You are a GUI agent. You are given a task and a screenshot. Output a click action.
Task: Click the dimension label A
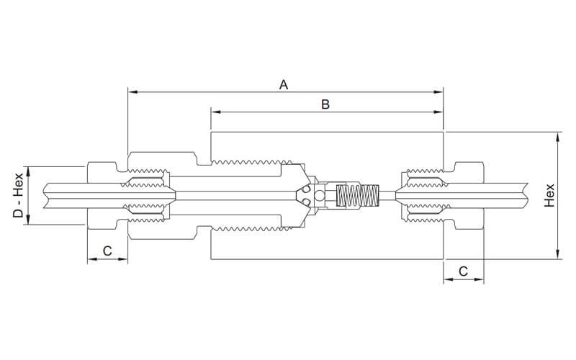pos(284,85)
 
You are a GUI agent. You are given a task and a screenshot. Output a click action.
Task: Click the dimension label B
pos(325,104)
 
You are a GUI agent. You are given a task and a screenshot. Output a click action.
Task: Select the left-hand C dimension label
pos(107,251)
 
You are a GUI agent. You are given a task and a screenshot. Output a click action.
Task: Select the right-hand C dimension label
pos(463,271)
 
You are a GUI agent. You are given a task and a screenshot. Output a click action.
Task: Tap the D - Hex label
pos(19,195)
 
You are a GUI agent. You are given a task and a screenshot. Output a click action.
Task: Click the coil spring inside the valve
pos(358,195)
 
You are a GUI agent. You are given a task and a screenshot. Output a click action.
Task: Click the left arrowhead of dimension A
pos(131,92)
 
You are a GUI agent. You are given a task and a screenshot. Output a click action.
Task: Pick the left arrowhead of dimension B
pos(215,112)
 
